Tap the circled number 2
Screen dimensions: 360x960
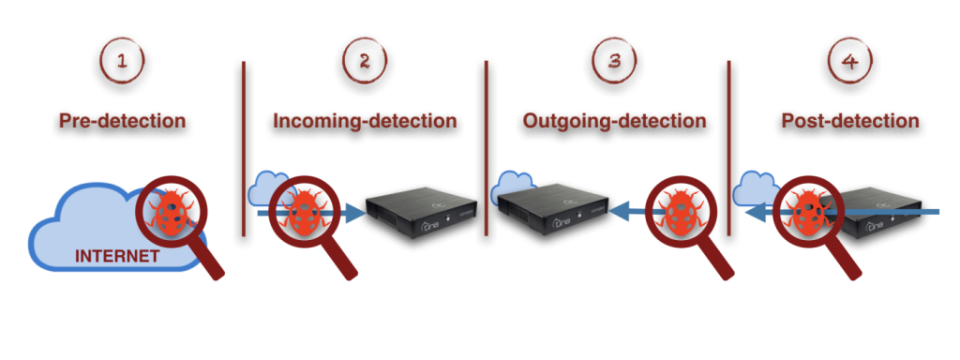pos(365,63)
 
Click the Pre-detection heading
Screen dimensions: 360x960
pos(122,121)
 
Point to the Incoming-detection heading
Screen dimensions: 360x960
pos(365,121)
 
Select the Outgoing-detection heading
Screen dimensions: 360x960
pos(614,121)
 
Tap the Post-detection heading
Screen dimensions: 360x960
pos(850,121)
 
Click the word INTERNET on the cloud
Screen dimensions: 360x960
pos(116,256)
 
